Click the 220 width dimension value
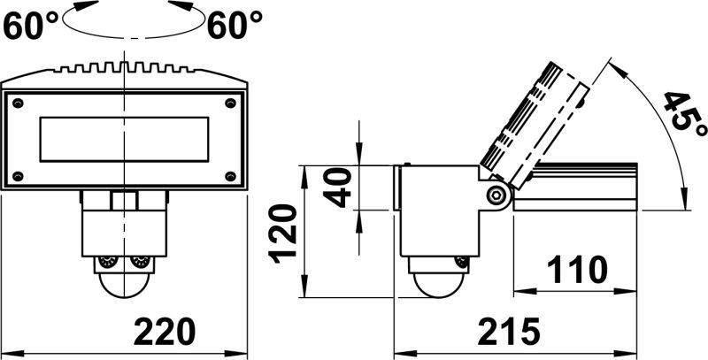[x=164, y=331]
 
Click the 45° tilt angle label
[x=684, y=123]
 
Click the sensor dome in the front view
[x=124, y=282]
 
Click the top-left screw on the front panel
[x=15, y=103]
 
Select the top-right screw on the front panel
[x=232, y=103]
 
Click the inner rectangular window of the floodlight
[x=124, y=141]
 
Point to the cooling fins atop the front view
[x=124, y=67]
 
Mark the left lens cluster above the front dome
[x=108, y=263]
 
